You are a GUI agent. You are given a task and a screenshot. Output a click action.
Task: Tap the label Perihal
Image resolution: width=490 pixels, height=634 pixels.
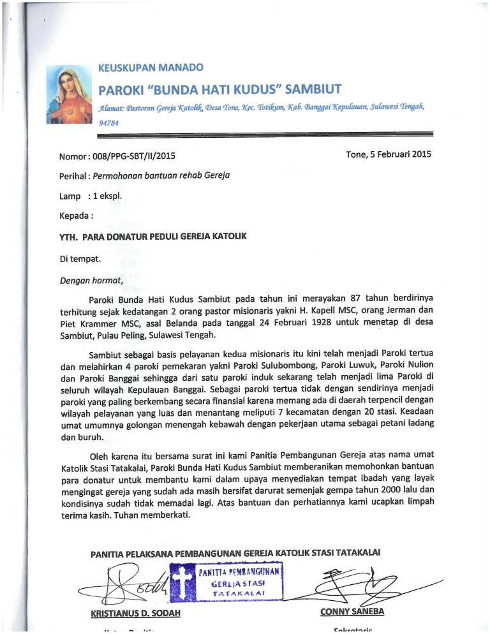pyautogui.click(x=73, y=175)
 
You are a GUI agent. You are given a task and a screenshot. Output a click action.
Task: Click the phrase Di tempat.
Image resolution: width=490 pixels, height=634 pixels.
pyautogui.click(x=79, y=258)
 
